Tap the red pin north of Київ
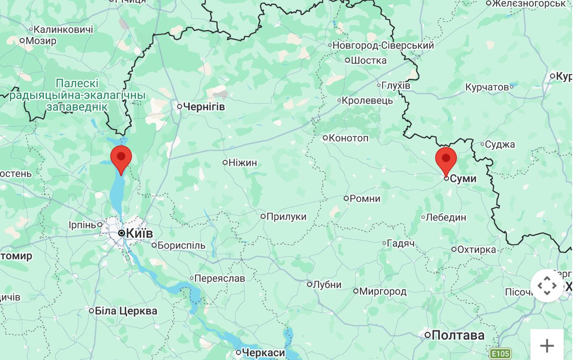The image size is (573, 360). [x=121, y=158]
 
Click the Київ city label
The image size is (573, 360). [x=139, y=233]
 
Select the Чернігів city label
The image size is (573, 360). [x=204, y=107]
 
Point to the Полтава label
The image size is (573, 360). [x=458, y=335]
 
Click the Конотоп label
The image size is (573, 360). [x=348, y=138]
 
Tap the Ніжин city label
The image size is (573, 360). [x=243, y=163]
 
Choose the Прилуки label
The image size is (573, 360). [x=286, y=217]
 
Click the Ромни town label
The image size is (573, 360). [x=365, y=198]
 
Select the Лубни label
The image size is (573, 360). [x=327, y=285]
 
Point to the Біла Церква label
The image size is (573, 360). [x=126, y=311]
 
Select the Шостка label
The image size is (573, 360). [x=368, y=60]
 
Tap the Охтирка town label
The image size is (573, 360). [x=476, y=249]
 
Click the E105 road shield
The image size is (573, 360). [x=500, y=354]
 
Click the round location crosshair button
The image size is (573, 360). [x=547, y=285]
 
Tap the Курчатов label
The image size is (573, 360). [x=487, y=87]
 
